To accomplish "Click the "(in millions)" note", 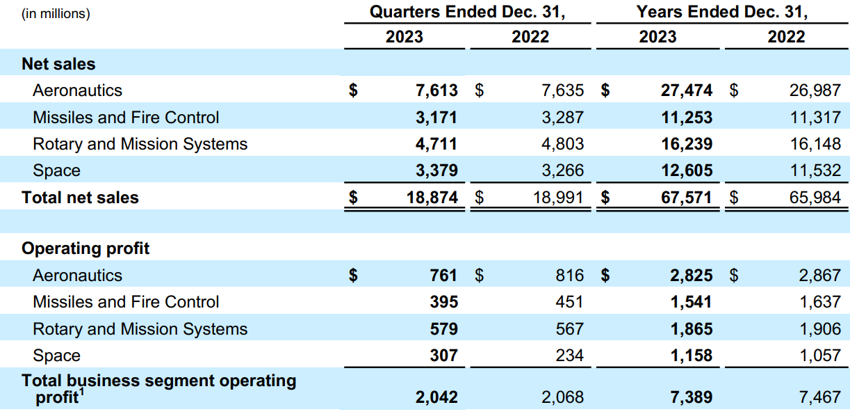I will pos(56,13).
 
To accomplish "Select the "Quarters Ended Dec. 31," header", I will pos(466,12).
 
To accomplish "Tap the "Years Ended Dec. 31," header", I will pos(722,12).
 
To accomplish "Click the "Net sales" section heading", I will pos(58,64).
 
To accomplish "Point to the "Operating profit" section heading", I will pos(85,248).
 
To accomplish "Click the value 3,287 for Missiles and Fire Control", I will pos(562,118).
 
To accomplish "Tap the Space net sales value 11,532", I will pos(815,170).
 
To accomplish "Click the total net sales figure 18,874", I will pos(432,198).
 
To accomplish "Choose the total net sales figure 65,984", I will pos(815,198).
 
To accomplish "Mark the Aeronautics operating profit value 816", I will pos(569,276).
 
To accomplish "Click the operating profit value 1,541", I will pos(691,302).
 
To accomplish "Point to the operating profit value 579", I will pos(444,329).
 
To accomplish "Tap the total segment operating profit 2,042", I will pos(436,397).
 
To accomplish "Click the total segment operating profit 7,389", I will pos(691,397).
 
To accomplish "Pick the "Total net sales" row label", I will pos(80,198).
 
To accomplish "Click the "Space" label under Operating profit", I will pos(56,356).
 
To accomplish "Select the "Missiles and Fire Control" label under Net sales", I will pos(126,118).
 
